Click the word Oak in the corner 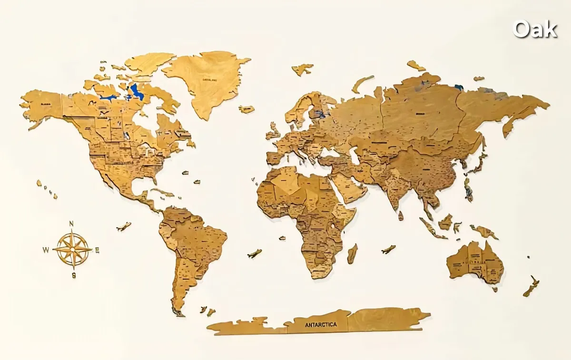click(535, 29)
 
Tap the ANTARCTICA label click(320, 324)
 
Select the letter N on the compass click(71, 224)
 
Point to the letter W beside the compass click(46, 250)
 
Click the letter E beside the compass click(97, 250)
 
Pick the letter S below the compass click(74, 275)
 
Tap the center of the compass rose click(72, 249)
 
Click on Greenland click(207, 81)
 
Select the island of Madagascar click(352, 253)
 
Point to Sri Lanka click(401, 215)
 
